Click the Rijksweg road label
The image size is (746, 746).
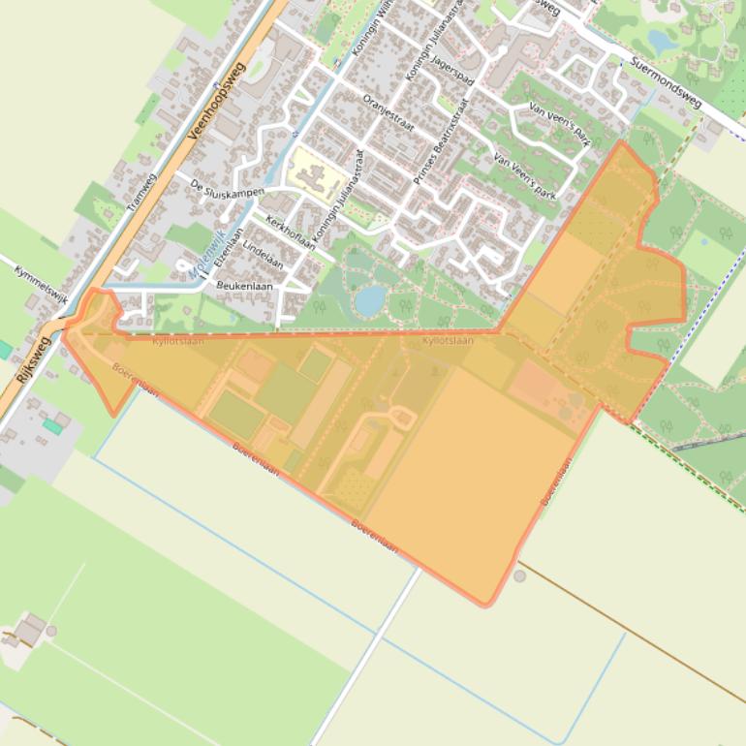(32, 361)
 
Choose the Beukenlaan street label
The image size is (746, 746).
(244, 287)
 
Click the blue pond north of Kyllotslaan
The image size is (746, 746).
(369, 300)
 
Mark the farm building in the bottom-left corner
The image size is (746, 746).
(29, 630)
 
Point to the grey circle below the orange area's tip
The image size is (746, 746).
(519, 576)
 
